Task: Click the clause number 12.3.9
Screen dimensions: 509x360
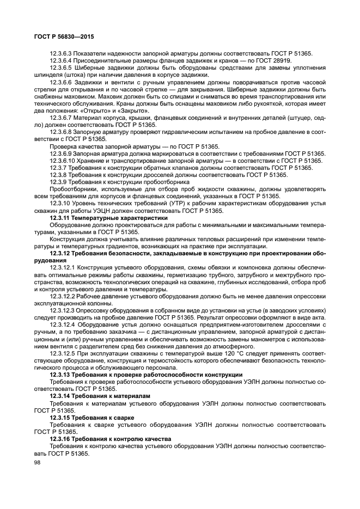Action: [60, 181]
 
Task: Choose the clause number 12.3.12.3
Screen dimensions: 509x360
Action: [65, 310]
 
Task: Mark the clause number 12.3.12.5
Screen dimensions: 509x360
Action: [65, 353]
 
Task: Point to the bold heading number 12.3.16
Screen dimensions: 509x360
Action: [62, 438]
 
